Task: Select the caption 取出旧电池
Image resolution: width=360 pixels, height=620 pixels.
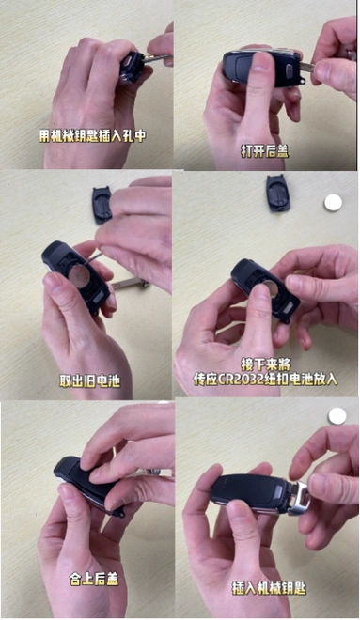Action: (89, 381)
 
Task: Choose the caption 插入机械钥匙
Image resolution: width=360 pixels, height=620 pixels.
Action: (269, 586)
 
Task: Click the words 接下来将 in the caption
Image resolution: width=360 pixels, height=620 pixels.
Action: (269, 363)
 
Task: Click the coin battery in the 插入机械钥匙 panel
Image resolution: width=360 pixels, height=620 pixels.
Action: (337, 415)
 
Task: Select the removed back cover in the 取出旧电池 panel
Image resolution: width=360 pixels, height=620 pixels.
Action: (102, 204)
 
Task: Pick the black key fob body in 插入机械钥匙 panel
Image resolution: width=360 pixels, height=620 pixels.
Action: (246, 489)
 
